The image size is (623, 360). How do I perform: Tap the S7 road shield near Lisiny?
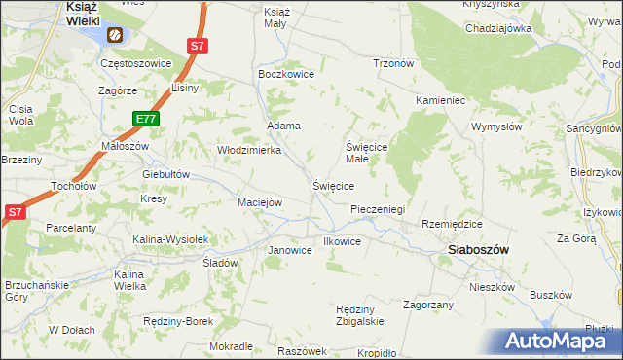click(198, 46)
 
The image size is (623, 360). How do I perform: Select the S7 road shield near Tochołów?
click(15, 211)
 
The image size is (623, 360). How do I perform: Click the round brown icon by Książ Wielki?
click(115, 36)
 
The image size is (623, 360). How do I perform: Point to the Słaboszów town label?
click(478, 249)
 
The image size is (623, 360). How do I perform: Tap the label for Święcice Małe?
click(369, 153)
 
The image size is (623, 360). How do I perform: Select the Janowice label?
click(289, 250)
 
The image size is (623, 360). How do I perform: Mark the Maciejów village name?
click(260, 202)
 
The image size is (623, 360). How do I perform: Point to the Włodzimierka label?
click(248, 150)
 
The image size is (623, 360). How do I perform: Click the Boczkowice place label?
click(282, 74)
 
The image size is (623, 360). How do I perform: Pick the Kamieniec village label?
click(442, 101)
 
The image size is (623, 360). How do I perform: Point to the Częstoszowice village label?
click(136, 63)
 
